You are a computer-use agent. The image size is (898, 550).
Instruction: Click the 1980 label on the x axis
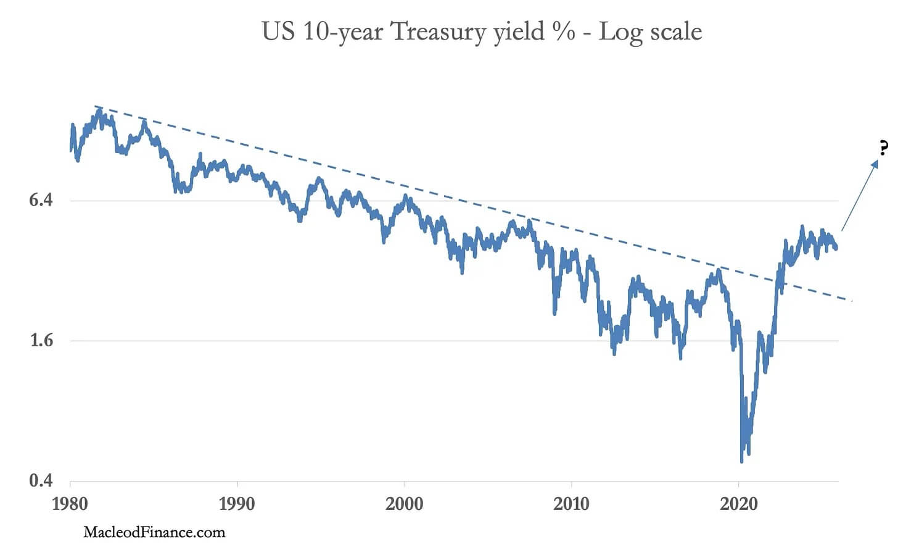tap(70, 504)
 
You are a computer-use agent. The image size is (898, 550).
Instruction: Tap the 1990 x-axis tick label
tap(237, 504)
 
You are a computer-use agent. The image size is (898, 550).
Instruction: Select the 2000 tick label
tap(404, 504)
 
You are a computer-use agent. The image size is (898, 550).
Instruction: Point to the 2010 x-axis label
tap(571, 504)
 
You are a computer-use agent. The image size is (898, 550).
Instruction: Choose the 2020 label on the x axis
tap(738, 504)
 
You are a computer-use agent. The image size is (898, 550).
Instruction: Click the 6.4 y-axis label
tap(41, 200)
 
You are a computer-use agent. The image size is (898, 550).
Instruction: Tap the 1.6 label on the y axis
tap(41, 340)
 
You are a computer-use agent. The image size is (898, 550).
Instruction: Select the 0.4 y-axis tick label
tap(41, 480)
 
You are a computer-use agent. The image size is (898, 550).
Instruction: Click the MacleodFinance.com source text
tap(154, 532)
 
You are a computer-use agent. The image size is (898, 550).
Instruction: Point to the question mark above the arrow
tap(884, 148)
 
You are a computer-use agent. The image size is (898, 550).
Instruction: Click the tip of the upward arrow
tap(877, 160)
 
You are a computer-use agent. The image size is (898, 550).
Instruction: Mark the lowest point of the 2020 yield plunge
tap(741, 461)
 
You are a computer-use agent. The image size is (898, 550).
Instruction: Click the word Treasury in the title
tap(438, 31)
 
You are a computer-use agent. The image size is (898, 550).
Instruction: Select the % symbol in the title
tap(564, 31)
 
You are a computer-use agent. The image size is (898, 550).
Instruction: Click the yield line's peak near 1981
tap(99, 112)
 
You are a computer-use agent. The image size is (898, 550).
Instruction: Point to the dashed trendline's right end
tap(851, 301)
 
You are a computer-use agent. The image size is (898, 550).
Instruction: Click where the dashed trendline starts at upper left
tap(95, 106)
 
